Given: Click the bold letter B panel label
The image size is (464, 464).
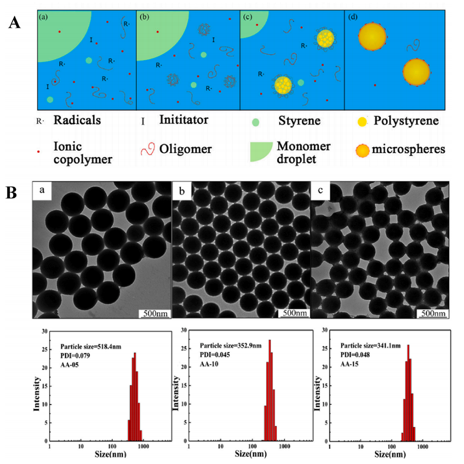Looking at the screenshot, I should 15,193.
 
